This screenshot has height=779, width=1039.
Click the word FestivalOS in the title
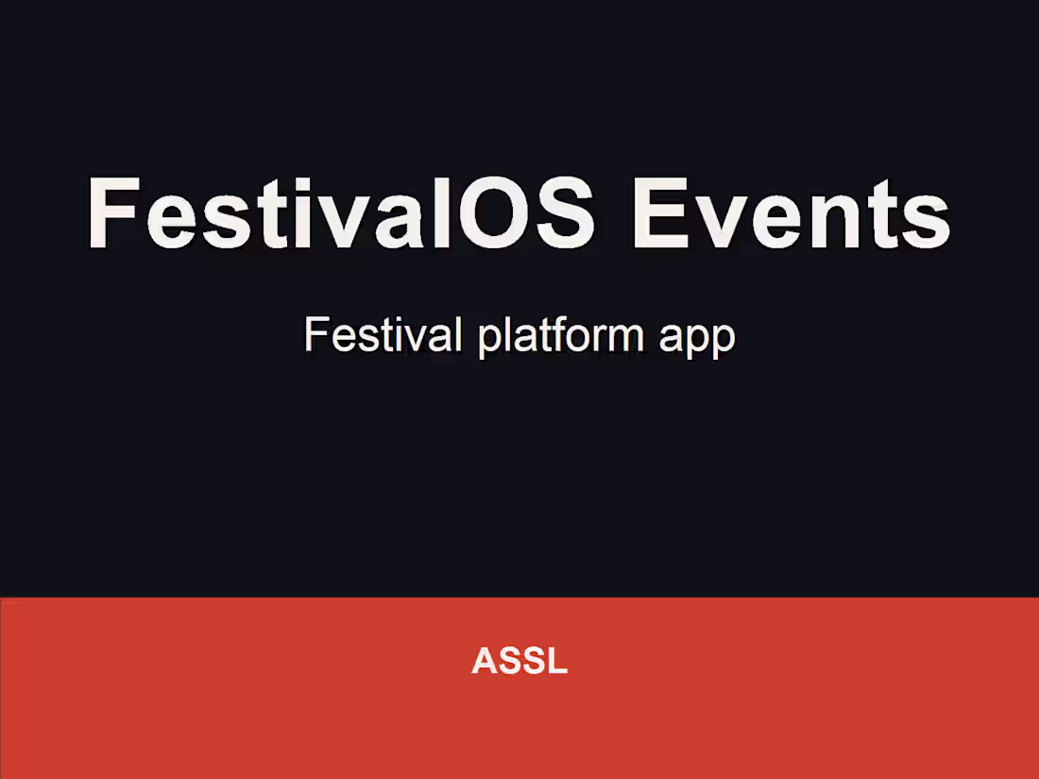coord(341,213)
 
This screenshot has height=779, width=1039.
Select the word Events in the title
coord(792,213)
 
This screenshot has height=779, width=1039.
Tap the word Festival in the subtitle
coord(383,334)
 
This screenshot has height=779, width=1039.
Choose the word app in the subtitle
coord(697,340)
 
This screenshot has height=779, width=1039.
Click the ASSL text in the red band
coord(519,661)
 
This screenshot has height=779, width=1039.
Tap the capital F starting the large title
coord(112,212)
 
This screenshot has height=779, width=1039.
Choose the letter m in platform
coord(622,338)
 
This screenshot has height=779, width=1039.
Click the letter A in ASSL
coord(485,661)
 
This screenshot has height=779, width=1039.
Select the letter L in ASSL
coord(558,661)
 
